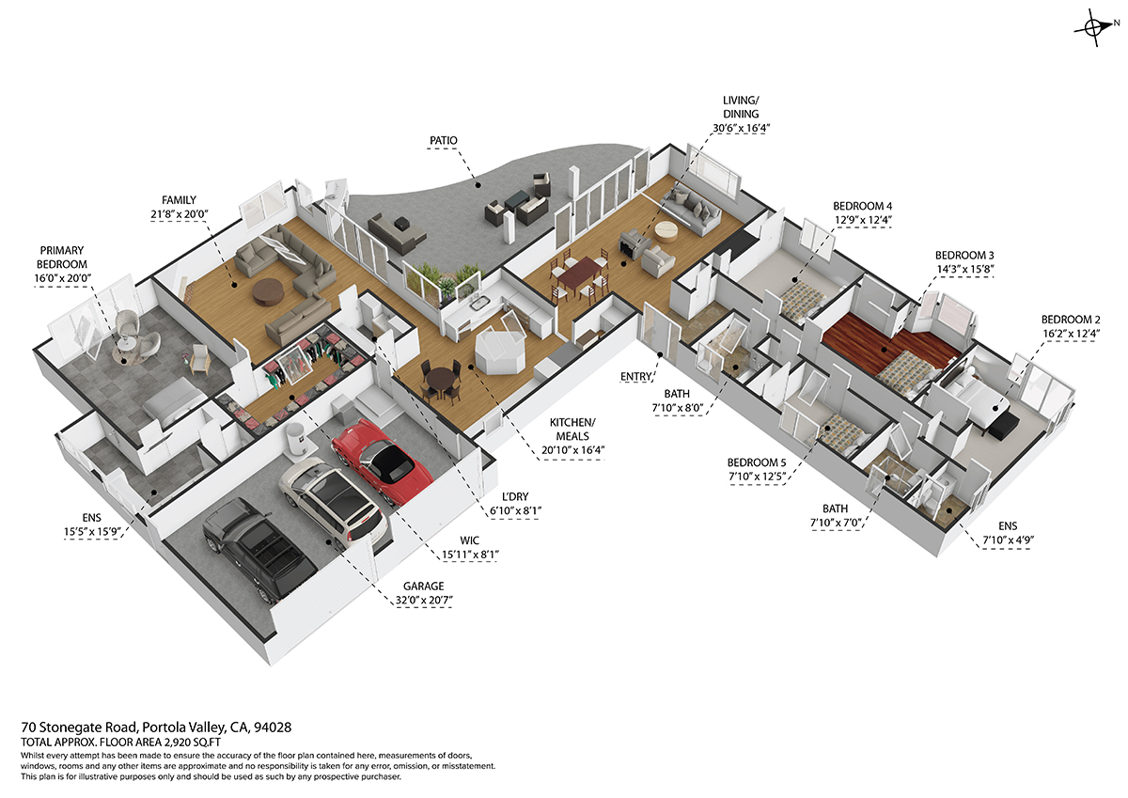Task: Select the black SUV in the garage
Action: [259, 550]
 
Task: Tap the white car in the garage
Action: [333, 504]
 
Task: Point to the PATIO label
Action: [443, 140]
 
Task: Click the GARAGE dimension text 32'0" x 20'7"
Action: [424, 600]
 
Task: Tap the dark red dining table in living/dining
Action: [579, 274]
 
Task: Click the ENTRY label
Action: [635, 377]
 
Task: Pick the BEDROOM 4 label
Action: [862, 206]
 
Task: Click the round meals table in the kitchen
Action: [440, 379]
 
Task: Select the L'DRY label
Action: [515, 496]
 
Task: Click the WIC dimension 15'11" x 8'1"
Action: [469, 555]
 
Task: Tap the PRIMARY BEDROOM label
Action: [62, 258]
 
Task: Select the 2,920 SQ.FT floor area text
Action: [192, 743]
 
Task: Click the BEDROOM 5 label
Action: [757, 462]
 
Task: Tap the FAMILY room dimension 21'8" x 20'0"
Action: [180, 214]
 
